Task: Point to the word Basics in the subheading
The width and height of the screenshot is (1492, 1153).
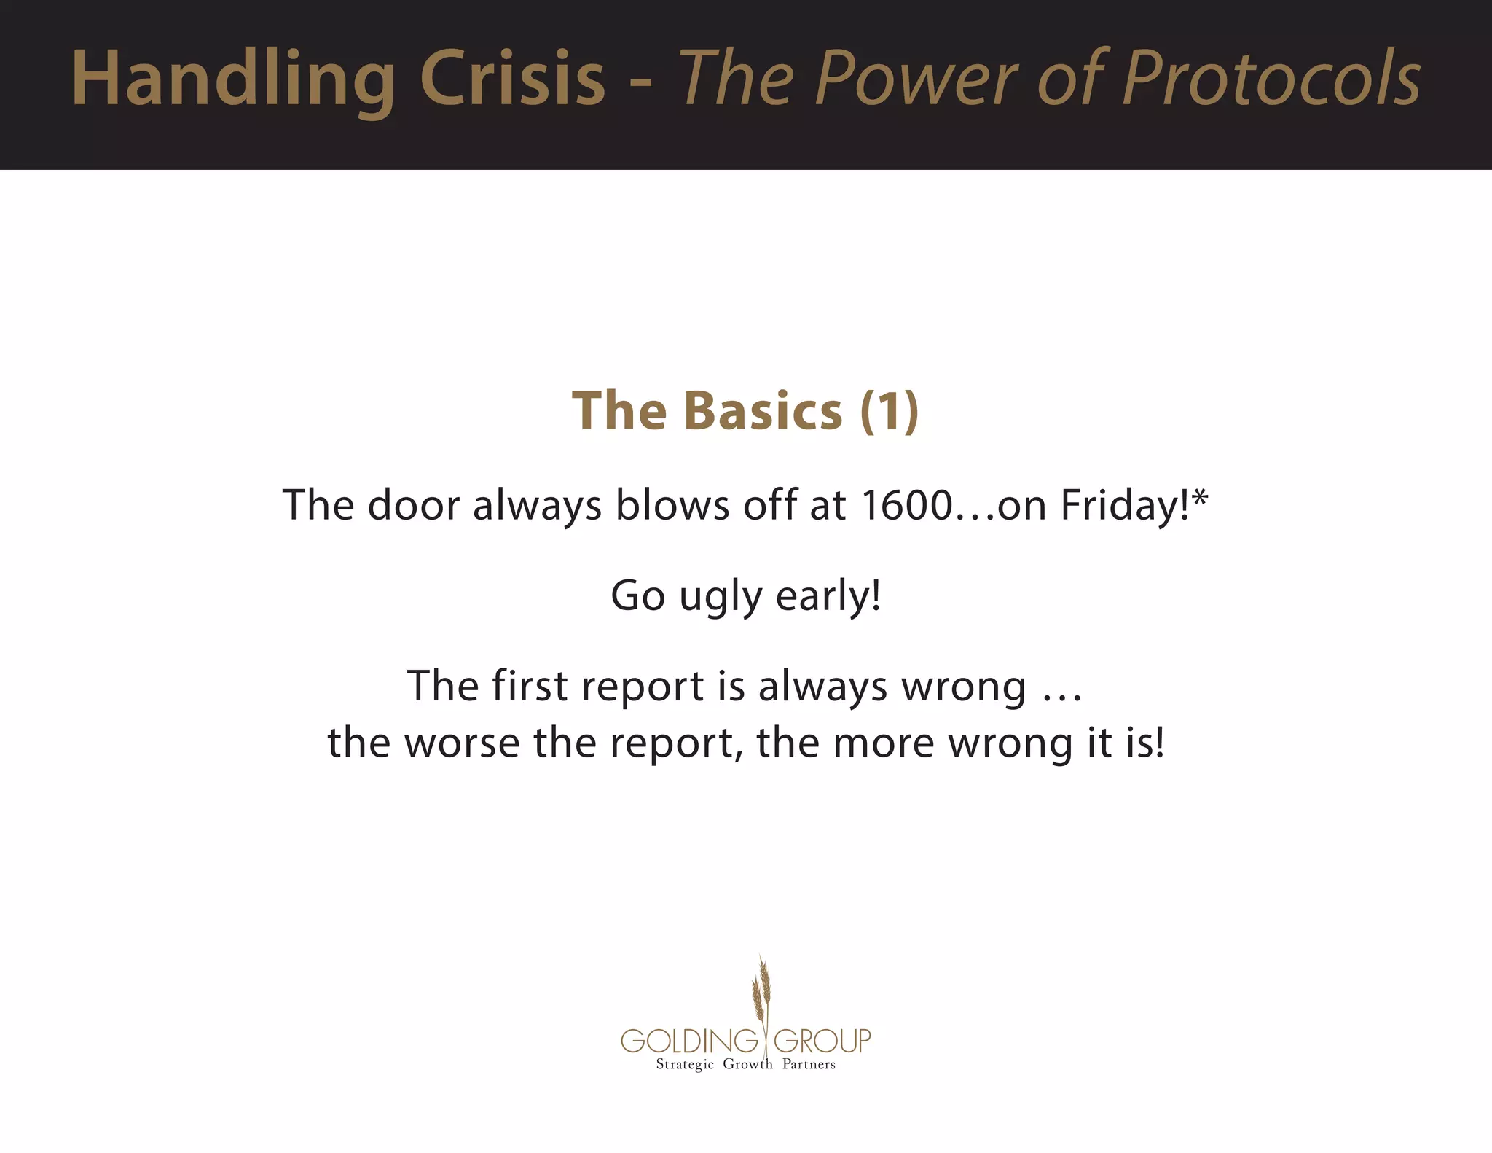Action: pyautogui.click(x=763, y=410)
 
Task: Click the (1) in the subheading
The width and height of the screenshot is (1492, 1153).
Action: pyautogui.click(x=889, y=410)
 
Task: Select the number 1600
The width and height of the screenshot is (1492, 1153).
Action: pyautogui.click(x=906, y=504)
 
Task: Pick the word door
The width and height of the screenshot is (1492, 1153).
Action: pyautogui.click(x=413, y=504)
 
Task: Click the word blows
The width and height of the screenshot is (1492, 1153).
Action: pyautogui.click(x=672, y=504)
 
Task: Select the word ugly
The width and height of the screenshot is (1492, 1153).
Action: pyautogui.click(x=720, y=596)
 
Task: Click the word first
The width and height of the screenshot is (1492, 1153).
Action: pyautogui.click(x=530, y=686)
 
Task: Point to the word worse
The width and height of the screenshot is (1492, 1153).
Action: pyautogui.click(x=461, y=743)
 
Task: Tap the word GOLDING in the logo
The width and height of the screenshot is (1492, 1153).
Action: pyautogui.click(x=689, y=1041)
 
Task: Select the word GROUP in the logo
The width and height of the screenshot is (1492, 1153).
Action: pyautogui.click(x=822, y=1041)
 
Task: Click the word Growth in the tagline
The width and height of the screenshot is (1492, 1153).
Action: pyautogui.click(x=747, y=1065)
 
